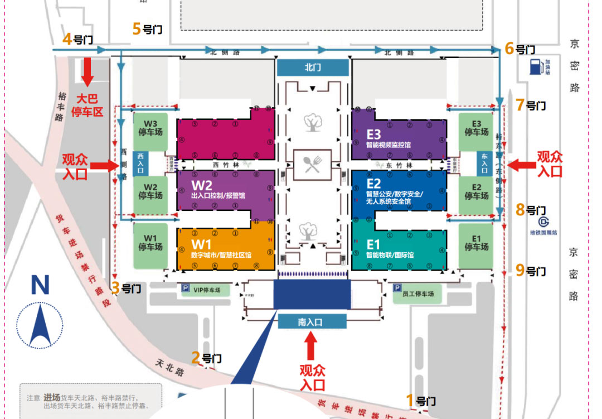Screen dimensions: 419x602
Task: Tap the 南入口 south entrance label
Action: (312, 322)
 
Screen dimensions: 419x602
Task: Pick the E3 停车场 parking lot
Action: (476, 128)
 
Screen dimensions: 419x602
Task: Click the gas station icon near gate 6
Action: (535, 66)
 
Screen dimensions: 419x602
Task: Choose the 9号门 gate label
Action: (530, 271)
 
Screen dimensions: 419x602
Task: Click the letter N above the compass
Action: (40, 285)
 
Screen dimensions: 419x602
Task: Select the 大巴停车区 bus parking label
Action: (88, 106)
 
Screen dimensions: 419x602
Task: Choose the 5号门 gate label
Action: (147, 28)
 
